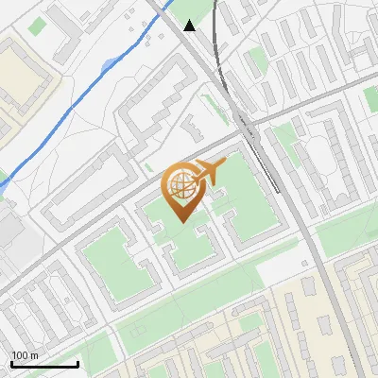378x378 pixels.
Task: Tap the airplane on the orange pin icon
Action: pyautogui.click(x=210, y=170)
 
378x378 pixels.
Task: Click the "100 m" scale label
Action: pyautogui.click(x=25, y=355)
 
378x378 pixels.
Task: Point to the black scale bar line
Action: pyautogui.click(x=44, y=364)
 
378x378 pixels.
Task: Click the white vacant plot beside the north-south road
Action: pyautogui.click(x=279, y=269)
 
